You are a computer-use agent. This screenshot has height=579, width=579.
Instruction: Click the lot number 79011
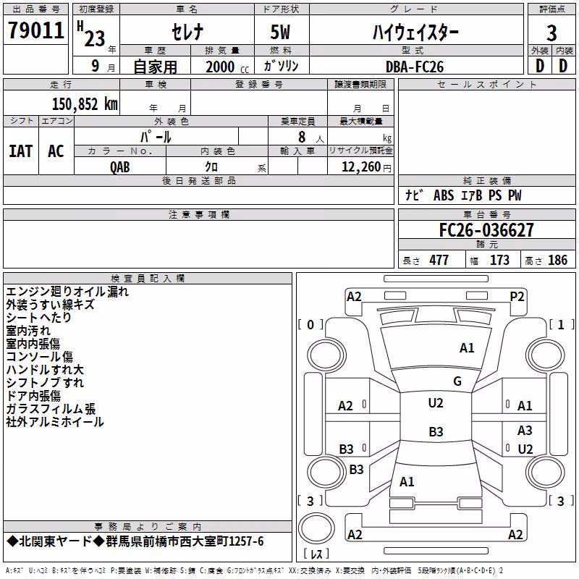pos(36,30)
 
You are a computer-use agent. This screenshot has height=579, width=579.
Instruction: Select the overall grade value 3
pos(551,33)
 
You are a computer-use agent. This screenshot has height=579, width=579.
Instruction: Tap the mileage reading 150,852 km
pos(85,104)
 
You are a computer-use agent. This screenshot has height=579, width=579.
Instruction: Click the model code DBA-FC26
pos(415,67)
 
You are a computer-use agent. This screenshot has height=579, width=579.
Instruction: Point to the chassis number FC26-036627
pos(486,230)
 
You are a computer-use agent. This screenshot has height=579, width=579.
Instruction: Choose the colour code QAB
pos(120,167)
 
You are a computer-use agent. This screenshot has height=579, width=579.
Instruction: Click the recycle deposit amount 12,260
pos(361,167)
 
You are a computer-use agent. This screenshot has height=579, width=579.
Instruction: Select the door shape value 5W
pos(280,32)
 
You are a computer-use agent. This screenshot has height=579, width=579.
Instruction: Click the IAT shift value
pos(21,151)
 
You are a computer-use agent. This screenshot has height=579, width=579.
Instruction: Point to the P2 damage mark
pos(517,297)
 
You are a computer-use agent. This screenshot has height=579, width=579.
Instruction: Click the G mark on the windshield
pos(457,381)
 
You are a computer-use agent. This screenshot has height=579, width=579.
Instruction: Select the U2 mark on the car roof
pos(436,403)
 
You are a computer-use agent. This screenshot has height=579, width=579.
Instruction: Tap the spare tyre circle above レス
pos(316,528)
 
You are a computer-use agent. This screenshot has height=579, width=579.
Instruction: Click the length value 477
pos(439,261)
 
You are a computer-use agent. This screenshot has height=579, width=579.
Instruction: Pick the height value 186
pos(557,261)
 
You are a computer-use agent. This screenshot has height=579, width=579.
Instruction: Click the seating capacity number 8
pos(302,137)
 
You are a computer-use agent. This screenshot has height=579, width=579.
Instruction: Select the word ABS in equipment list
pos(444,195)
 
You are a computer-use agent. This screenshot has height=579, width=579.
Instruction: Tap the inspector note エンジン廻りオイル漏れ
pos(67,292)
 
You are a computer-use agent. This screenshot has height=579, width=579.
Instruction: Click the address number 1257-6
pos(246,541)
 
